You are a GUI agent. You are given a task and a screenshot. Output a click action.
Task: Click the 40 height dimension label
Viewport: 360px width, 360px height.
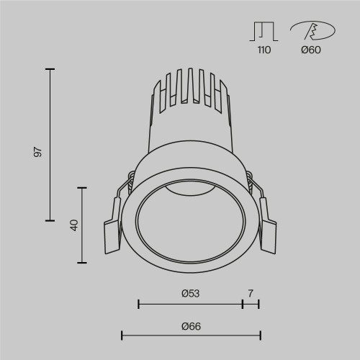point(73,225)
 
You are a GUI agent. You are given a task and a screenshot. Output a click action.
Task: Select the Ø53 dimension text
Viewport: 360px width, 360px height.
point(190,293)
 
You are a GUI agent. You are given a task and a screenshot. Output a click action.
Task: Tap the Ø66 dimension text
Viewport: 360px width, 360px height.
point(190,325)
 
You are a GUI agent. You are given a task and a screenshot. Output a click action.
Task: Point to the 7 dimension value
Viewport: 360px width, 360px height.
point(251,293)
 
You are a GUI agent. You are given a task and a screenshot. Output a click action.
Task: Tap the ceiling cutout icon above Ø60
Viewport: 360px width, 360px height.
point(311,31)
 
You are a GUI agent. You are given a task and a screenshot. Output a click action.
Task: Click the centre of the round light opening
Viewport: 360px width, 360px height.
point(190,223)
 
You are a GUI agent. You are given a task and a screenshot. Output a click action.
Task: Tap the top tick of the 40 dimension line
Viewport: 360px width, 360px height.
point(84,187)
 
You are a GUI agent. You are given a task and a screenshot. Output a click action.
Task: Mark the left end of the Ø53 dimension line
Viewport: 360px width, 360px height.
point(138,305)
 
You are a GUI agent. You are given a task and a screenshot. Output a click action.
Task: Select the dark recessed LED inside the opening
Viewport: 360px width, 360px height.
point(189,189)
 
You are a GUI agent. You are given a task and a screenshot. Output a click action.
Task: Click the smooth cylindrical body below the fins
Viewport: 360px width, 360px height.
point(190,133)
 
